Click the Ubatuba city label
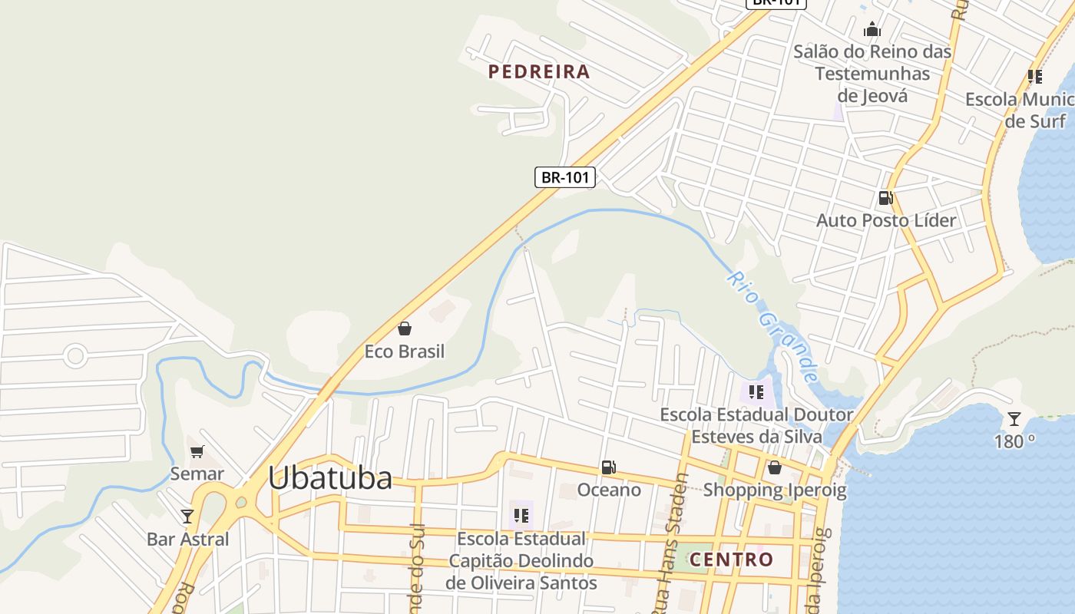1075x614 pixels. tap(330, 477)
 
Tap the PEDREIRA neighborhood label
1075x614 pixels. tap(539, 72)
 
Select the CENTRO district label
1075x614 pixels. tap(731, 560)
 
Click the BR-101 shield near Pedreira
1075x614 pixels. tap(565, 177)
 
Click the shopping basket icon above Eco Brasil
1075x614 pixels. tap(405, 329)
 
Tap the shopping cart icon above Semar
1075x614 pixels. tap(197, 451)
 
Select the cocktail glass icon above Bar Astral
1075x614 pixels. tap(187, 516)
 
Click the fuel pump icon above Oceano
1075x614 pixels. tap(608, 467)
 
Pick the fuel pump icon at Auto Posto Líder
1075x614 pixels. tap(885, 198)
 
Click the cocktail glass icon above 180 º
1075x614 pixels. tap(1014, 419)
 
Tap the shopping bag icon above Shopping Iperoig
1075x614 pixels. tap(774, 467)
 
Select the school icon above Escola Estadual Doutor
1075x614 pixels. tap(756, 392)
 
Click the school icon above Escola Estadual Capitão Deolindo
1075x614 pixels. tap(521, 515)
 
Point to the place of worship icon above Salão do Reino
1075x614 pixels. tap(872, 30)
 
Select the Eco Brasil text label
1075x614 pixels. tap(405, 352)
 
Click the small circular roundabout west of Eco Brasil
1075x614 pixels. tap(75, 355)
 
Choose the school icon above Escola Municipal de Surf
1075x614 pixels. tap(1035, 77)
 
